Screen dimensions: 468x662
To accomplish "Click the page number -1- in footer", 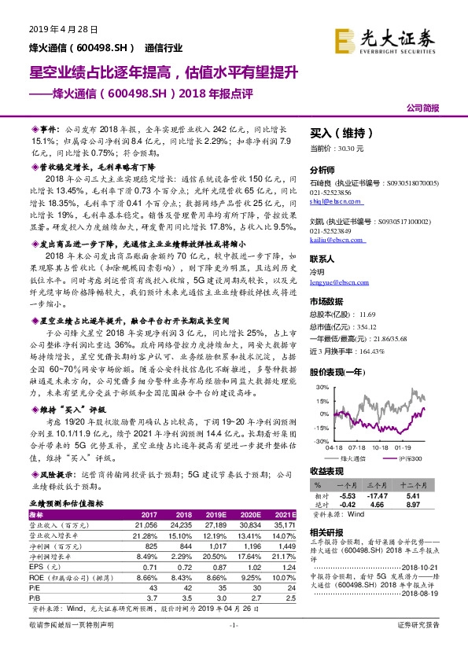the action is coord(233,646).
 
